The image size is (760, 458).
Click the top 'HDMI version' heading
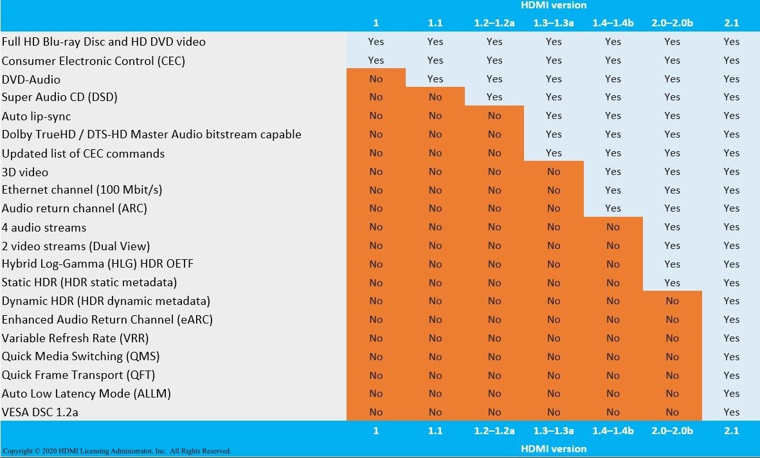coord(553,5)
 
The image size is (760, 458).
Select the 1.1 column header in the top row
coord(435,23)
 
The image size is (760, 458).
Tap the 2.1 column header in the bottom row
coord(731,431)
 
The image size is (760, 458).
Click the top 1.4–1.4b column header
coord(613,23)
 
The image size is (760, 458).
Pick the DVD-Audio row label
coord(31,79)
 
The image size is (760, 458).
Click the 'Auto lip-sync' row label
coord(36,116)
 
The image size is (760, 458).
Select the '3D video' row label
coord(25,172)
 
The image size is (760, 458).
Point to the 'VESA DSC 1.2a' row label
coord(40,412)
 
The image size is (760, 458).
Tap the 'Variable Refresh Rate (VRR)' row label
coord(76,338)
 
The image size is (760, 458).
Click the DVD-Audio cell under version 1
coord(376,79)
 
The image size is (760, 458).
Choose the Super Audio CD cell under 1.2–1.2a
coord(494,97)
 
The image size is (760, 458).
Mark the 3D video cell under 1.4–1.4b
coord(613,172)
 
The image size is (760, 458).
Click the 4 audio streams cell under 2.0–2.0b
coord(672,227)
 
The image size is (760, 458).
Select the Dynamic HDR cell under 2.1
coord(731,301)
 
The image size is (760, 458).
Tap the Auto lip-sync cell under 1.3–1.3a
coord(554,116)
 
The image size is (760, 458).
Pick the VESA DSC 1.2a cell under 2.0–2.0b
coord(672,412)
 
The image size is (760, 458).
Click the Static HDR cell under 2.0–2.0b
coord(672,282)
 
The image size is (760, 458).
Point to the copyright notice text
coord(116,451)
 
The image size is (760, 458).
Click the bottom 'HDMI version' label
coord(553,449)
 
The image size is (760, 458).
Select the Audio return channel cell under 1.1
coord(435,208)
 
